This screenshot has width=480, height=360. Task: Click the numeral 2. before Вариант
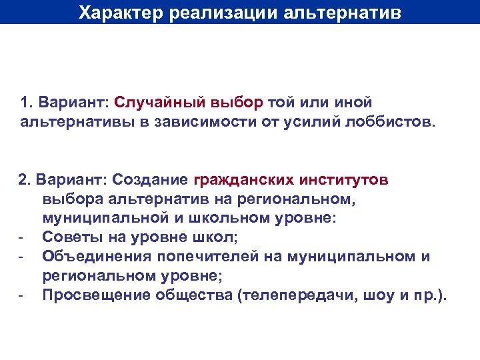[x=25, y=180]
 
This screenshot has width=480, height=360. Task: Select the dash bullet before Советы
[x=21, y=237]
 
